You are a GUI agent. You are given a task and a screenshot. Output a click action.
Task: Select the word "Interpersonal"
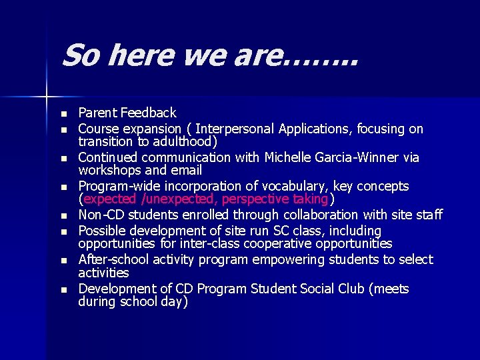[237, 129]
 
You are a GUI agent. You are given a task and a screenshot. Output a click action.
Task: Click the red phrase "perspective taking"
[275, 199]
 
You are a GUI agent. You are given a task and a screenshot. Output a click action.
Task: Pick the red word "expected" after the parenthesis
[111, 199]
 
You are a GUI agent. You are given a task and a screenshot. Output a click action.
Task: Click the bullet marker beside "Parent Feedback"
[63, 113]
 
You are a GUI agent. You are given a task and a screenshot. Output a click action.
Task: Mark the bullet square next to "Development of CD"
[63, 290]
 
